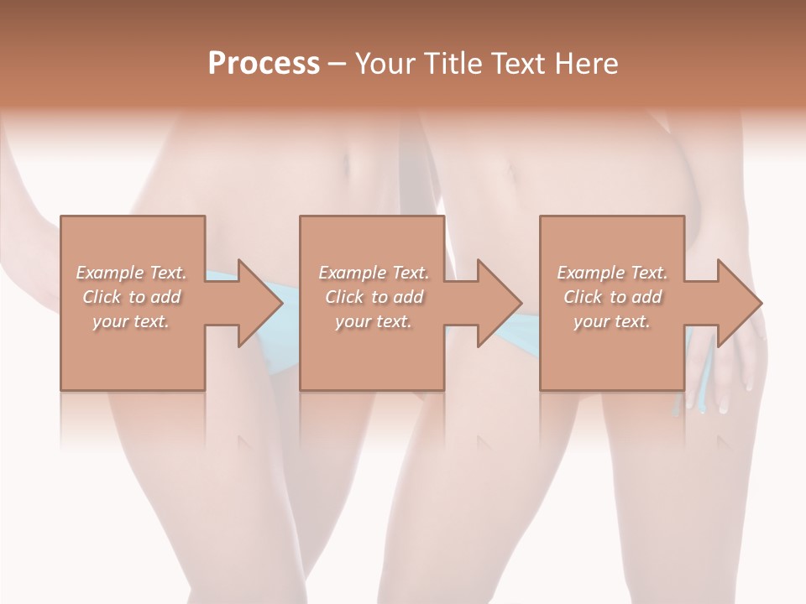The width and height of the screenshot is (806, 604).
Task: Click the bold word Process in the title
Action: [x=264, y=64]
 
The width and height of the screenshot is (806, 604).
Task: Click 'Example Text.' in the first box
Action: [x=131, y=273]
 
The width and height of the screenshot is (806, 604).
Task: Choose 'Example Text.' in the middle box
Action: [x=373, y=273]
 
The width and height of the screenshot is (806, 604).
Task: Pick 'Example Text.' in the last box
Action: [x=612, y=273]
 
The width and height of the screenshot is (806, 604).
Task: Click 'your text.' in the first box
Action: [x=131, y=321]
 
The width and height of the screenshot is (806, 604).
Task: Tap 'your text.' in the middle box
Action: [x=373, y=321]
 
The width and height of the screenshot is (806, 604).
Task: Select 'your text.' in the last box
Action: [x=612, y=321]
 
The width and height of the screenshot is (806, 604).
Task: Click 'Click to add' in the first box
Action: [x=131, y=297]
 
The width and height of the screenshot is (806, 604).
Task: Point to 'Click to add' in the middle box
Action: [x=373, y=297]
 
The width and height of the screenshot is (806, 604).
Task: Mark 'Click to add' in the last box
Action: [x=612, y=297]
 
